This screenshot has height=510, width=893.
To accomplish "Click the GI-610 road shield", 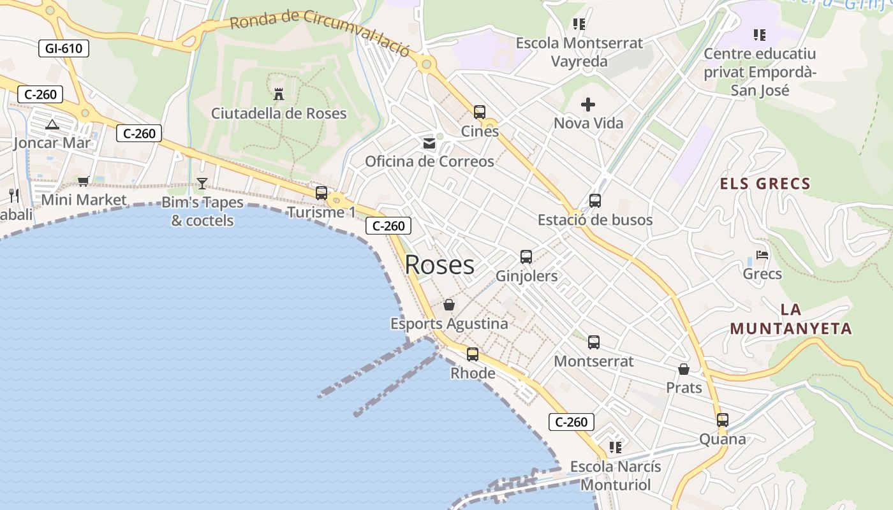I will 64,48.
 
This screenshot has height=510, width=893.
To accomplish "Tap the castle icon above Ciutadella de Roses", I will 279,94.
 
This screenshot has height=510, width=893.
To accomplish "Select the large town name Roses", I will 439,265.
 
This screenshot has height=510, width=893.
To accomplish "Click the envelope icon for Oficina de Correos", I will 429,143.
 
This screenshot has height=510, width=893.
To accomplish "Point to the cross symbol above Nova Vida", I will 588,104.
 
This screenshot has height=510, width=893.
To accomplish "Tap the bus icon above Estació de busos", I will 595,201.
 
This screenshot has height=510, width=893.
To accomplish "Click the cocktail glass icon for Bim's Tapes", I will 202,184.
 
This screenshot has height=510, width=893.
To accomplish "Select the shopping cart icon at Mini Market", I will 84,181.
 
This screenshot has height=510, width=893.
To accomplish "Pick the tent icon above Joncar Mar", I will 52,124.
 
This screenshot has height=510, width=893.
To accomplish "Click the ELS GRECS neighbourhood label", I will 765,184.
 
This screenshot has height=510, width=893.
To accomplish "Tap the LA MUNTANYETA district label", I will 791,319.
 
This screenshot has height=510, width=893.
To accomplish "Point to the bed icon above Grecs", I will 762,255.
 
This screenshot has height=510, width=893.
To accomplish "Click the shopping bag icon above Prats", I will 684,369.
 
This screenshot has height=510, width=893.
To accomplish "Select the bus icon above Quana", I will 723,420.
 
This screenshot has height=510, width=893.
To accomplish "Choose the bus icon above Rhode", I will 473,354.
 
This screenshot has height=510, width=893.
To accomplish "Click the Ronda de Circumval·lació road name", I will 319,33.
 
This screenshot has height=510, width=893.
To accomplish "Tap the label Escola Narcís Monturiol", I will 615,476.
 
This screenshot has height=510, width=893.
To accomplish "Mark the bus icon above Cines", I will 480,112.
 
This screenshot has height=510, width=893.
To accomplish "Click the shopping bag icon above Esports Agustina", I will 449,305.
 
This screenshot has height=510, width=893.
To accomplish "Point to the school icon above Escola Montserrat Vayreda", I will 579,24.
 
